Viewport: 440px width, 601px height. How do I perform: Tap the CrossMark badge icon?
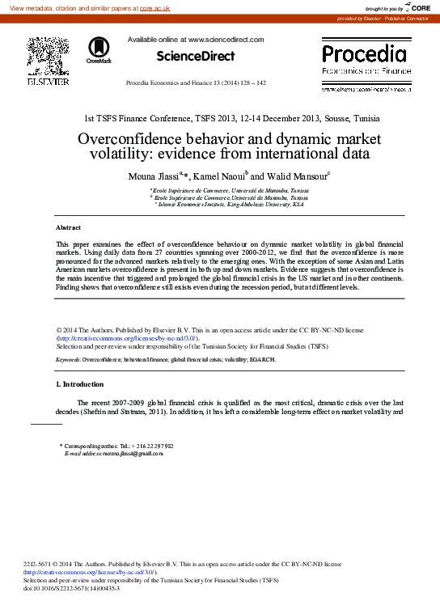(x=99, y=49)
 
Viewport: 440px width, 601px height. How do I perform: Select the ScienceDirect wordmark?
(x=195, y=56)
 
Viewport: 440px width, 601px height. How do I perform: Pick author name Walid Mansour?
(x=294, y=176)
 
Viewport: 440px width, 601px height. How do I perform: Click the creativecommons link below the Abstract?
(x=127, y=338)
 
